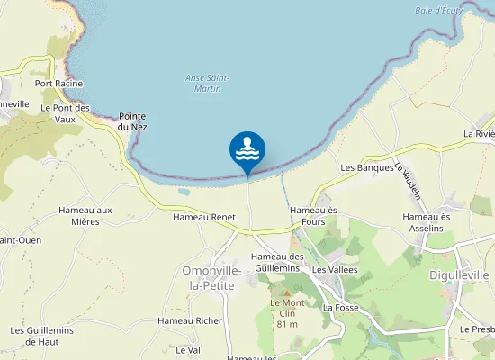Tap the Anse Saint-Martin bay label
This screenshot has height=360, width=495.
point(207,83)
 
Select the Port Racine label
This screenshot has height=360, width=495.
point(59,84)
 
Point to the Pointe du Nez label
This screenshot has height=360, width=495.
point(133,121)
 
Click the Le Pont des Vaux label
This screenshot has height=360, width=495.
point(66,113)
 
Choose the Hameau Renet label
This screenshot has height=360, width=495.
point(203,217)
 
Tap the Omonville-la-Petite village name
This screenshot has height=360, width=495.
point(209,277)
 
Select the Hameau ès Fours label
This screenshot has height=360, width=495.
point(313,216)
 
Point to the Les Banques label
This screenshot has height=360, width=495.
point(367,168)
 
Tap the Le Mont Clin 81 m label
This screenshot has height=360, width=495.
point(288,313)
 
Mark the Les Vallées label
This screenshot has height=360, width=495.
point(335,270)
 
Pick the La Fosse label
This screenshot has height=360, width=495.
point(341,307)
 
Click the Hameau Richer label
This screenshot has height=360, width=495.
point(190,320)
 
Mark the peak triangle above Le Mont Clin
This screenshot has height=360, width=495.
point(287,293)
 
